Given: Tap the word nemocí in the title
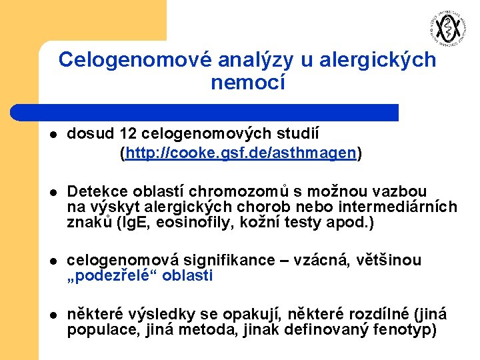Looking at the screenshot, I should [247, 83].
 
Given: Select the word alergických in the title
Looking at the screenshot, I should [377, 60].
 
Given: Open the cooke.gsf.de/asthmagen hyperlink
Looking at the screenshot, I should [241, 153].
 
